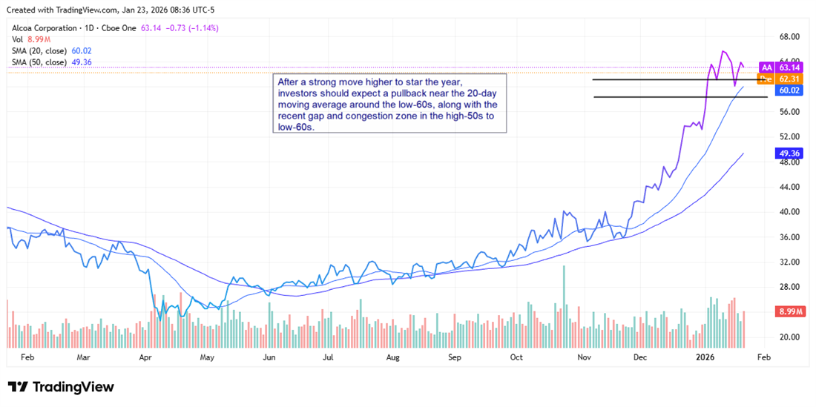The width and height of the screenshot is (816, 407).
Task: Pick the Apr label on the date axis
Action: pos(145,357)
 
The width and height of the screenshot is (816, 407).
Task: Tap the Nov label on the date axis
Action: pos(585,357)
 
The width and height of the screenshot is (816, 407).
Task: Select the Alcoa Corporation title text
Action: pos(47,28)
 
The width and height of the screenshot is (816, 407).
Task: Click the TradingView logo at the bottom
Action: pos(61,387)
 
